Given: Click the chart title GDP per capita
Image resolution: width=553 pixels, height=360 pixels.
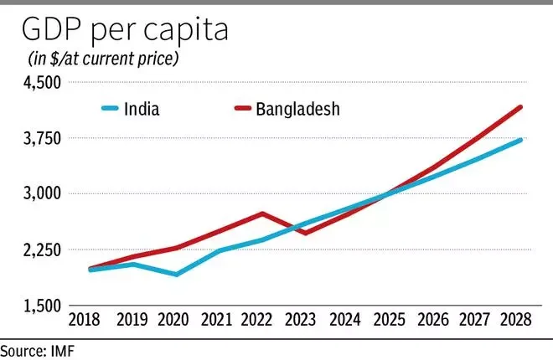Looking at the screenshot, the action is coord(125,30).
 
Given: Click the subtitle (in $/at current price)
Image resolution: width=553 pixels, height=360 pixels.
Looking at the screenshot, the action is coord(103,59).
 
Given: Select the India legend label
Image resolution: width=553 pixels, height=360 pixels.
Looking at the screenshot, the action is coord(142,109).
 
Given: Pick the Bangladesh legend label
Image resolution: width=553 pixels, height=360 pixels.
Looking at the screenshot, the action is coord(298,109).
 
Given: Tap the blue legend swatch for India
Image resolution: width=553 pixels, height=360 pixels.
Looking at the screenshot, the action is coord(110,108).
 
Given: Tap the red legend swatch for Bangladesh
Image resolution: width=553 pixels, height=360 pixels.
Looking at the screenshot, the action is coord(243,108).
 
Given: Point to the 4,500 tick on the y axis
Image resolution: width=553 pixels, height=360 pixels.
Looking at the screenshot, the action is coord(43,83).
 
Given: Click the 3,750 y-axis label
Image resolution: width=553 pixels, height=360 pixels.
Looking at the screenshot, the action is coord(43,138).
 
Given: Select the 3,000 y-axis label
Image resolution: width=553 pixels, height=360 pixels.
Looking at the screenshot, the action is coord(43,193).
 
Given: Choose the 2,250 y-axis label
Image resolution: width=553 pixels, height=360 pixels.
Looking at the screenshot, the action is coord(43,250).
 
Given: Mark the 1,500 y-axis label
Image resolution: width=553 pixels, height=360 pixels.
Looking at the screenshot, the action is coord(43,306).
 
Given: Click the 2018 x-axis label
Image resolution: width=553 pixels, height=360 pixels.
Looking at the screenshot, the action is coord(85,320).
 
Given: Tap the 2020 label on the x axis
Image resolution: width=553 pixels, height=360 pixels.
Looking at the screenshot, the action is coord(173,320).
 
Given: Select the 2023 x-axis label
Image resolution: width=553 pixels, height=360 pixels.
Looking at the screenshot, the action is coord(301,320).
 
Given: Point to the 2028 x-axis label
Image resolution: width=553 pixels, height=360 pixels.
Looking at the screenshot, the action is coord(516,320).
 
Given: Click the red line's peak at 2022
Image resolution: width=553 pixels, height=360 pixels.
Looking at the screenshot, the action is coord(262,213).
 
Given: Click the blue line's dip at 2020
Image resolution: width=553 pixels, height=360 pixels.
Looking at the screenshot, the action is coord(176,274).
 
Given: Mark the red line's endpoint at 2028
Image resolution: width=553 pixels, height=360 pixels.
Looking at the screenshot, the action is coord(520,107).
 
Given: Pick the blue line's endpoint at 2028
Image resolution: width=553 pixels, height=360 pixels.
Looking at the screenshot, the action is coord(520,140).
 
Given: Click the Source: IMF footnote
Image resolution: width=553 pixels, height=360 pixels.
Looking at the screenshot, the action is coord(38,351).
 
